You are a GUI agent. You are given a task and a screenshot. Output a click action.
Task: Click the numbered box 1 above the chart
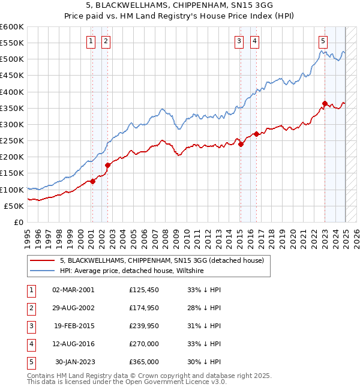pos(90,41)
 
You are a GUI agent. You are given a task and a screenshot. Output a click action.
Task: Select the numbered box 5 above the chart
pos(323,41)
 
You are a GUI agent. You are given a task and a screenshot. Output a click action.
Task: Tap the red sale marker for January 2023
pos(325,103)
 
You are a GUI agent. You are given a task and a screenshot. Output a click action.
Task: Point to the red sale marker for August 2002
pos(108,165)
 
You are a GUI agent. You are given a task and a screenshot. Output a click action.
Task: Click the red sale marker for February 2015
pos(241,144)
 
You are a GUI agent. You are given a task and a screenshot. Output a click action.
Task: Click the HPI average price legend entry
pos(132,271)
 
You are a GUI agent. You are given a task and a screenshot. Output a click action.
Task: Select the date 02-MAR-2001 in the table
pos(74,290)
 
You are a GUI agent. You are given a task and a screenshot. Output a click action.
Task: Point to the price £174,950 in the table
pos(144,308)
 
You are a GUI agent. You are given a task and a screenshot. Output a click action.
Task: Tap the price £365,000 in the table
pos(144,362)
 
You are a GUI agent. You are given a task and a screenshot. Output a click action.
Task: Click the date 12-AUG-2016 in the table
pos(74,344)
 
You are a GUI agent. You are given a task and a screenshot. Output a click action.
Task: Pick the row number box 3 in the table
pos(30,326)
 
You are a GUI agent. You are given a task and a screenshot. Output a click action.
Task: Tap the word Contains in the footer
pos(42,376)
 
